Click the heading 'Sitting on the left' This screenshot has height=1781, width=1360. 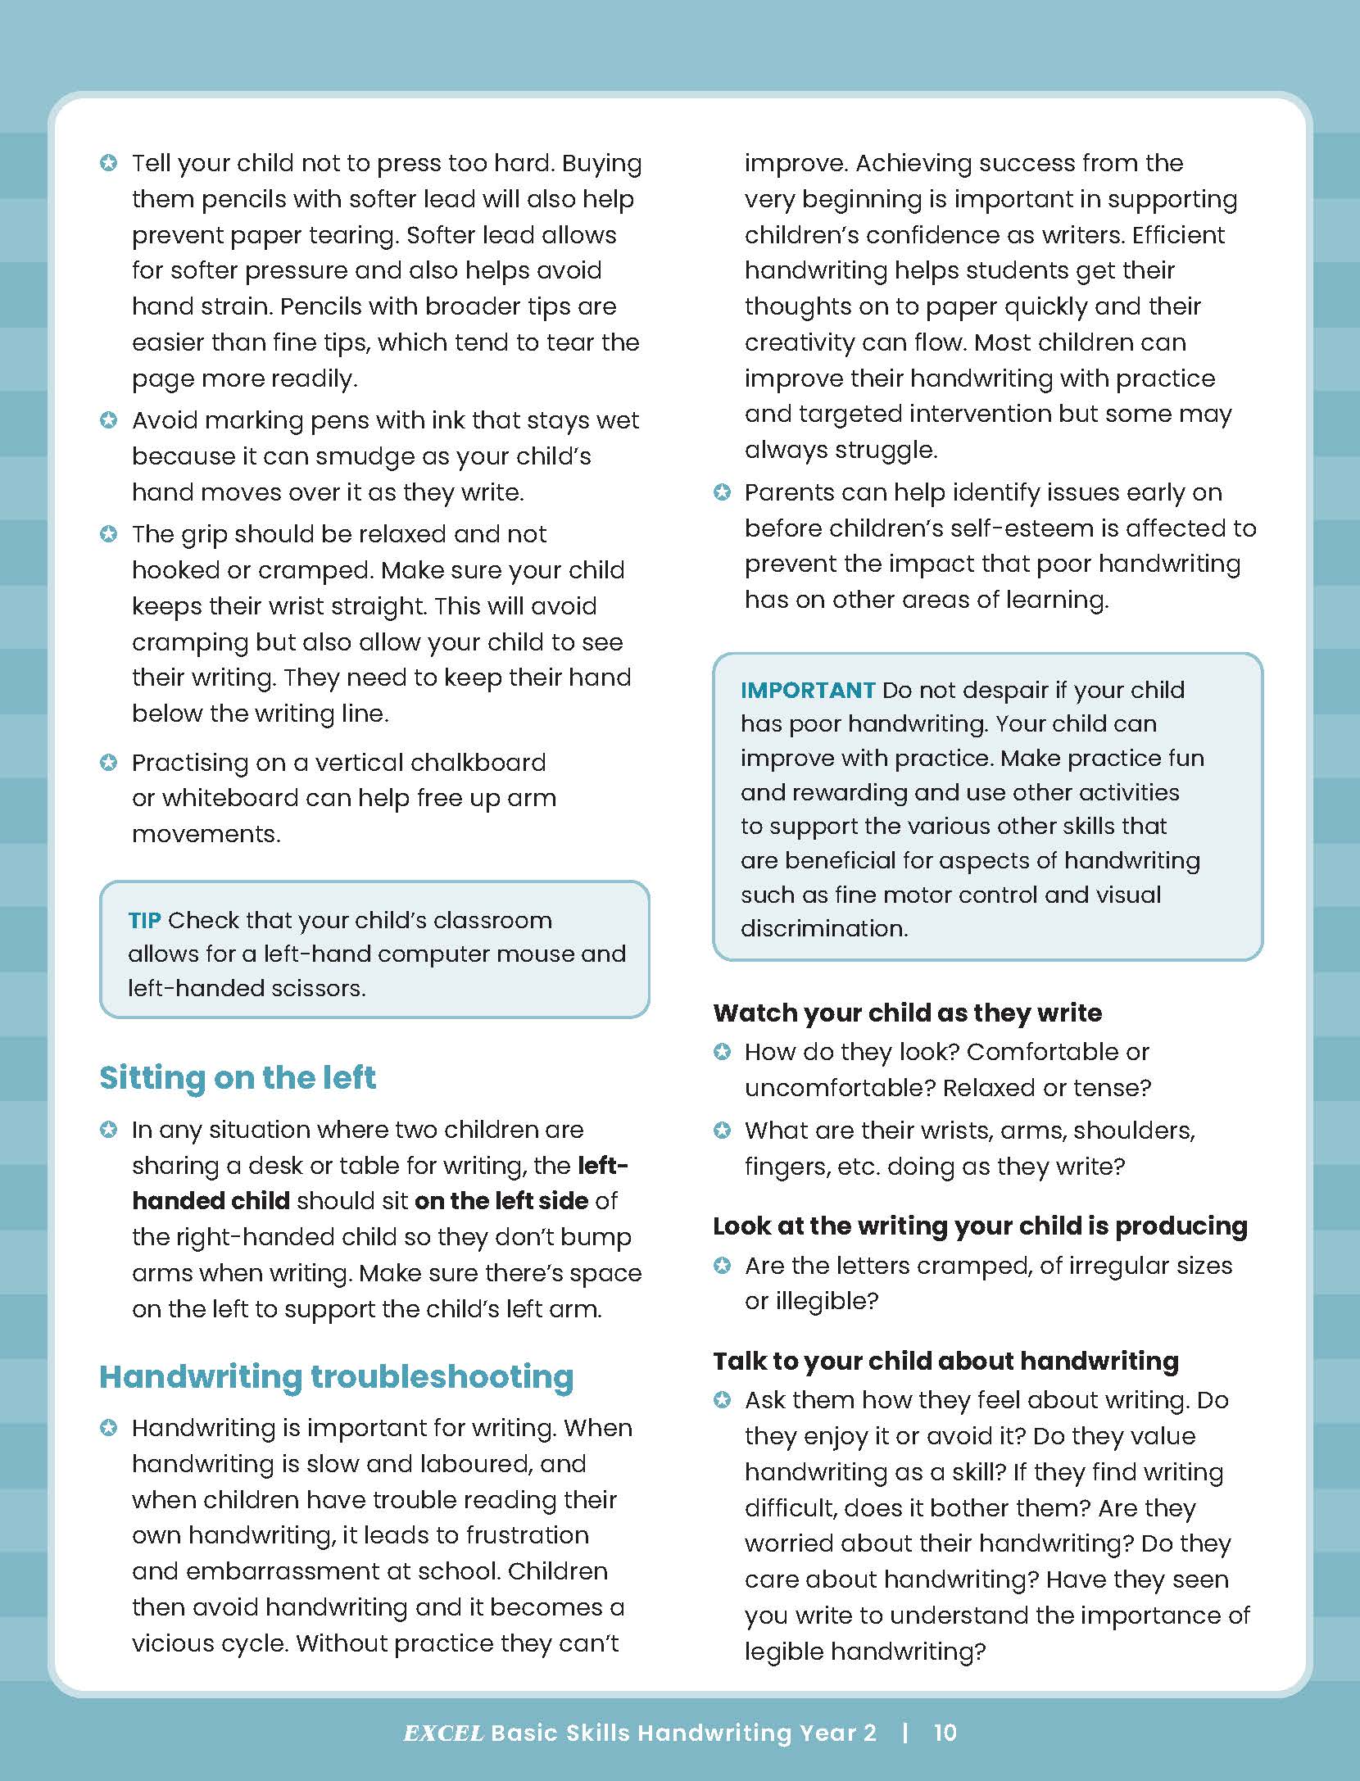[x=238, y=1077]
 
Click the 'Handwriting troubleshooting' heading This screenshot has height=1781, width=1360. [x=336, y=1376]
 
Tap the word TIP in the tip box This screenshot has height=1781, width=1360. [x=144, y=920]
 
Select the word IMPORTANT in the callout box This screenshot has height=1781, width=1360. [x=808, y=690]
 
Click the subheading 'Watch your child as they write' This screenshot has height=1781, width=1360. [x=907, y=1013]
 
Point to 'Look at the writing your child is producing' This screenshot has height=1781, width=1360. [x=980, y=1226]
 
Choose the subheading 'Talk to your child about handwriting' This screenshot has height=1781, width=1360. [x=945, y=1361]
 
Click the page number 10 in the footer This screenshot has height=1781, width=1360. [x=945, y=1732]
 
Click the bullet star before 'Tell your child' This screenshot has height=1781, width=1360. [x=108, y=163]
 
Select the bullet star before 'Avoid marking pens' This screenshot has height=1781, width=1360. [x=108, y=420]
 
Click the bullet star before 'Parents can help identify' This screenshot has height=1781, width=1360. [x=722, y=492]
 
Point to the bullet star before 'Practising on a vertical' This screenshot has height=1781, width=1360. [x=108, y=763]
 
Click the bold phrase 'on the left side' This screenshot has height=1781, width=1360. [x=501, y=1201]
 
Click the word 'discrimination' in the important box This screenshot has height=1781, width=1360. [x=824, y=928]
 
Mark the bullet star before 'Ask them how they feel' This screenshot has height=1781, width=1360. [x=722, y=1400]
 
